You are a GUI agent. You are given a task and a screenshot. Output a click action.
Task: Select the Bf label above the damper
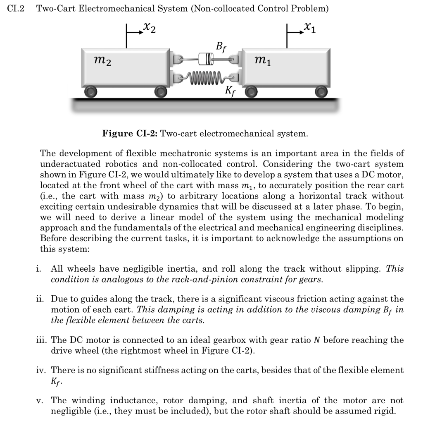tap(221, 45)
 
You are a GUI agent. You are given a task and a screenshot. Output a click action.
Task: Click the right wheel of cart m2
tap(159, 91)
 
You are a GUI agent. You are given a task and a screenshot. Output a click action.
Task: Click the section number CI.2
tap(17, 9)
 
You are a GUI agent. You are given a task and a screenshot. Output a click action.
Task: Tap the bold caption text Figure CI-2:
tap(130, 134)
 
